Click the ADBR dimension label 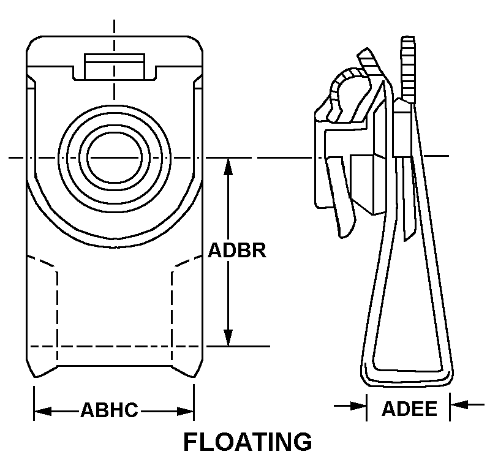coord(237,250)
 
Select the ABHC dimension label coord(109,410)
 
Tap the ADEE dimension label coord(409,409)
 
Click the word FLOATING coord(247,442)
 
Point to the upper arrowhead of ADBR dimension coord(228,167)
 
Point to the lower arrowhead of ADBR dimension coord(228,338)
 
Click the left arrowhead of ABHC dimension coord(43,411)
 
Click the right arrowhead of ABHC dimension coord(186,411)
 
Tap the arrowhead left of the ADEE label coord(358,406)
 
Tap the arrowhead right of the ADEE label coord(459,405)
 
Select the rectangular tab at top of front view coord(115,66)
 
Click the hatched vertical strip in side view coord(409,69)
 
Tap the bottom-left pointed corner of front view coord(35,377)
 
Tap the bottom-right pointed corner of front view coord(194,377)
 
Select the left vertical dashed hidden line coord(57,318)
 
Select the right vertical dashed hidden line coord(172,318)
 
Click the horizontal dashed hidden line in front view coord(115,346)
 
